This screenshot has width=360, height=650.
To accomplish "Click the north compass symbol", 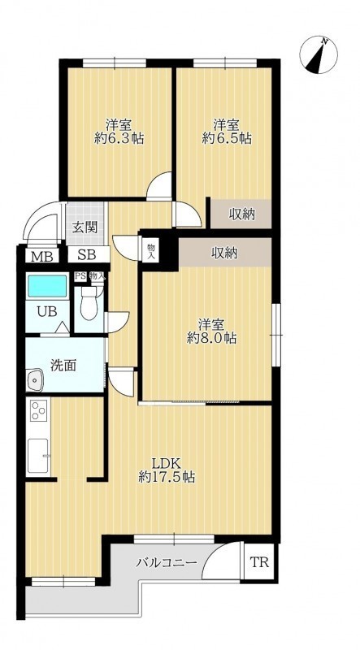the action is pos(319,54).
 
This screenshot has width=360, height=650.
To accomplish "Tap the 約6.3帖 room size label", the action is pos(119,138).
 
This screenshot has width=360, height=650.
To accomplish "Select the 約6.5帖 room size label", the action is pos(227,138).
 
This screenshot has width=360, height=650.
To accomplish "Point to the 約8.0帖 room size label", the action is pos(212,338).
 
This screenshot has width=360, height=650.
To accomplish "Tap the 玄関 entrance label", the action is pos(85,227).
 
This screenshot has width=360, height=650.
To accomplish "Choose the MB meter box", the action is pos(43,257).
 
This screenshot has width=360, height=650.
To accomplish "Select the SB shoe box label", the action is pos(87,255).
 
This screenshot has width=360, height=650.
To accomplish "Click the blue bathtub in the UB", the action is pos(47,286).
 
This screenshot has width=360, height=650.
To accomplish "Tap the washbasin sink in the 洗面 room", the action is pos(35,379).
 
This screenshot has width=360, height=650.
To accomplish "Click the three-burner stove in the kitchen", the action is pos(38,412).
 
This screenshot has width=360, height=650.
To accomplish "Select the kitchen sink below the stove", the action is pos(38,456).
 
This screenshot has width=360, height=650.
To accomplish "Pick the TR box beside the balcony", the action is pos(259,562).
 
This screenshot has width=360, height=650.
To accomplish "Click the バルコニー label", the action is pos(167,563).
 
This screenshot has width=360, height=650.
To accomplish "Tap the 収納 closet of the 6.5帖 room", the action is pos(241,214).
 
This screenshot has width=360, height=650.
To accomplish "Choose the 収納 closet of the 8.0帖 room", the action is pos(225,252).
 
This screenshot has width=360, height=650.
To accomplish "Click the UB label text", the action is pos(47,312).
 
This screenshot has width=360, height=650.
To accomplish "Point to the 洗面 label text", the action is pos(63,366).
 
